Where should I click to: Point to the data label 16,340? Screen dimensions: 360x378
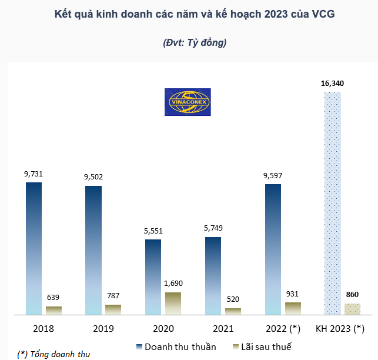coord(332,84)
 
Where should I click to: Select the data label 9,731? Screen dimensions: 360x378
coord(34,174)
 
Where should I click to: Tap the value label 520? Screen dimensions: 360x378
coord(233,299)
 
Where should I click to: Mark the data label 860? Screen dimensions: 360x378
coord(352,294)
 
